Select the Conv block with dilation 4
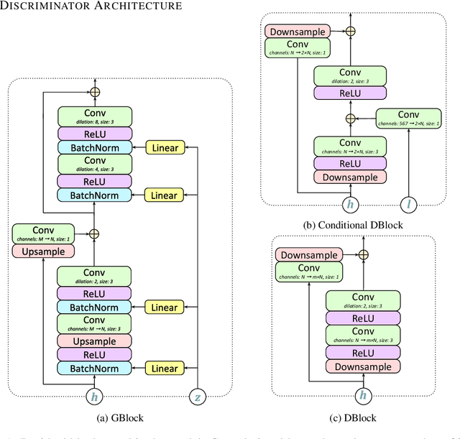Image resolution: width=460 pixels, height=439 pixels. click(x=95, y=164)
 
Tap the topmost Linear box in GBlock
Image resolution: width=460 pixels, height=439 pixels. click(x=165, y=148)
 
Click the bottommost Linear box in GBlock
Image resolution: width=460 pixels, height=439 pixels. click(x=165, y=369)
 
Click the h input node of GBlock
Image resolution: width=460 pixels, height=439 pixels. click(x=95, y=397)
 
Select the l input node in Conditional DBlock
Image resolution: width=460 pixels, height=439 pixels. click(x=408, y=205)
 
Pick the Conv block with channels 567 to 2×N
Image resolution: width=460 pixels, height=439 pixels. click(x=408, y=117)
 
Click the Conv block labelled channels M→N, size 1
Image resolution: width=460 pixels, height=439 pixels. click(x=44, y=234)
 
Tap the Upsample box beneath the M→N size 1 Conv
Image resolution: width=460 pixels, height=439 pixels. click(x=44, y=251)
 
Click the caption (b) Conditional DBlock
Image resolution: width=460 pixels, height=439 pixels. click(x=351, y=225)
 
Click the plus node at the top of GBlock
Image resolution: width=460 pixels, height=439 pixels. click(x=95, y=92)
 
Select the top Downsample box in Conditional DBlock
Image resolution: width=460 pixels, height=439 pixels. click(x=298, y=32)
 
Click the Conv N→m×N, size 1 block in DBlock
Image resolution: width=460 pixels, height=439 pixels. click(x=308, y=272)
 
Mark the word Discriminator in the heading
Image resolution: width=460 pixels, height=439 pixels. click(x=45, y=6)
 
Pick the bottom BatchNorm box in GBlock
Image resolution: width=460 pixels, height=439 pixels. click(x=95, y=369)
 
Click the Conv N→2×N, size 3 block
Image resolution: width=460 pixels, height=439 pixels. click(x=350, y=147)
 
